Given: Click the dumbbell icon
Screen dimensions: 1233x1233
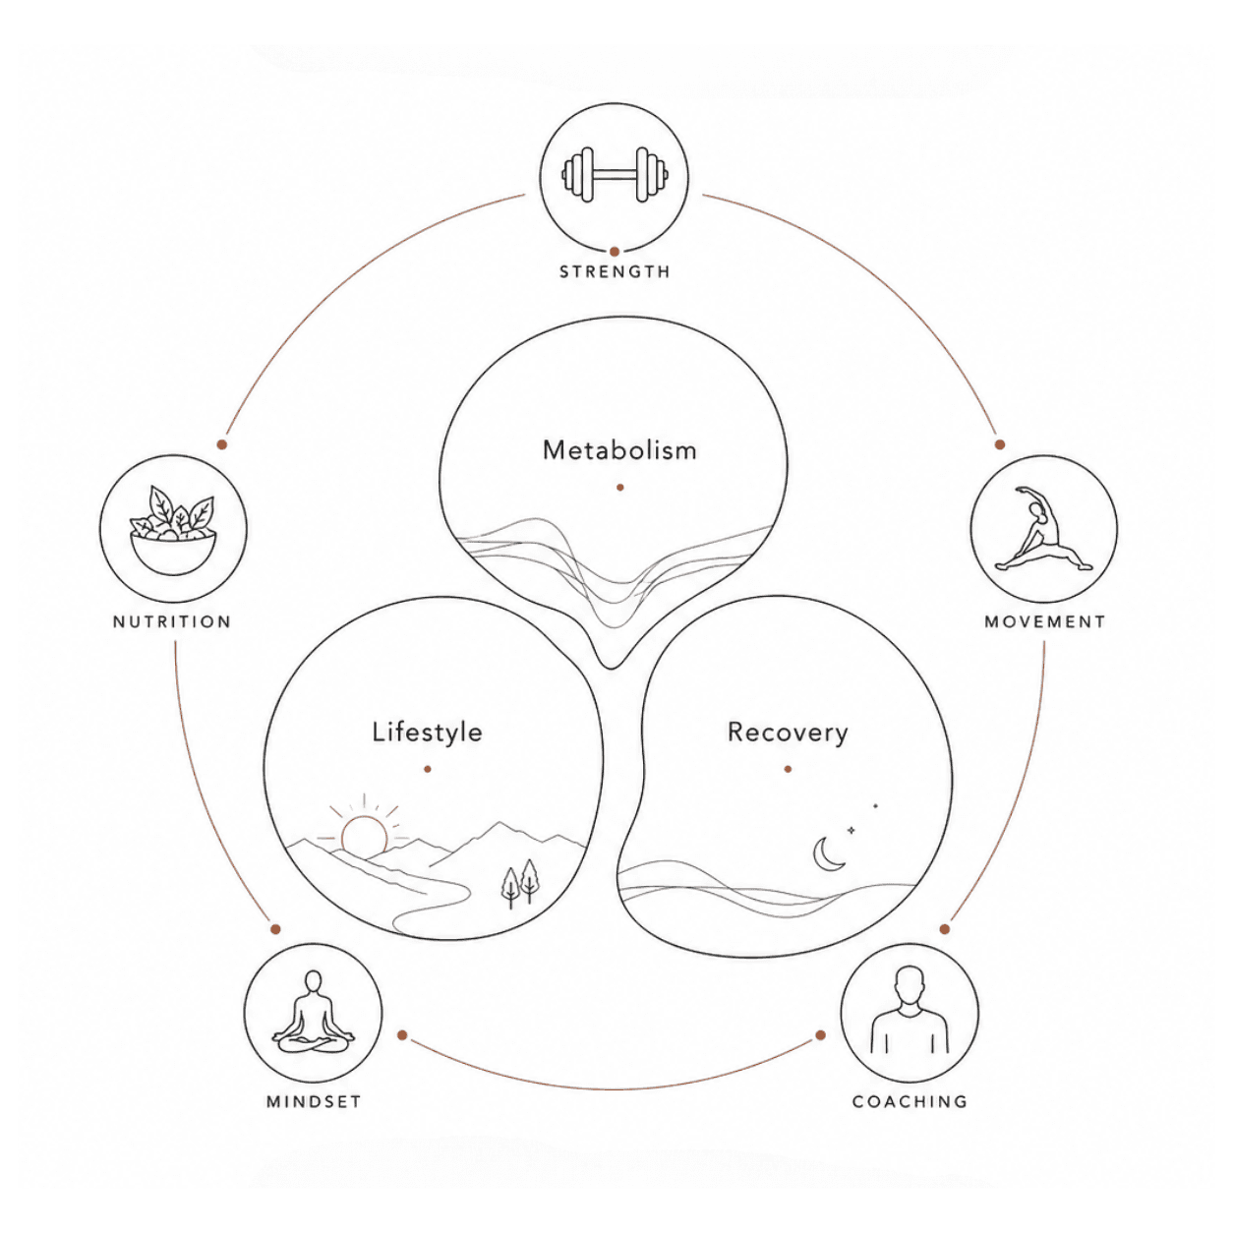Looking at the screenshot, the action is [x=615, y=175].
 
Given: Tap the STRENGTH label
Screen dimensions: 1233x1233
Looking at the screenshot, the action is [x=615, y=272].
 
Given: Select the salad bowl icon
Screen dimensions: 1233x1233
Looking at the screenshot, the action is [x=173, y=530].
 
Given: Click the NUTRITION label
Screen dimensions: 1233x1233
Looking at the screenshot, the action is [x=171, y=622].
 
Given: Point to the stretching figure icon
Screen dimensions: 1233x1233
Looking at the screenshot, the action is [x=1043, y=529].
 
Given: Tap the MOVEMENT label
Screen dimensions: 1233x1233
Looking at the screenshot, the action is [x=1045, y=622].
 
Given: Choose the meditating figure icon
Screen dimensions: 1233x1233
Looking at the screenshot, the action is [x=313, y=1012].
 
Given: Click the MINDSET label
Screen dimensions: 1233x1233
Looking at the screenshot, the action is [x=314, y=1102].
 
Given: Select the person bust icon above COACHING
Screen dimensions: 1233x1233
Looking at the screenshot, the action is [x=910, y=1010].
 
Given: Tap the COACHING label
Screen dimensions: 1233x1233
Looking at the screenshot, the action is [x=910, y=1102].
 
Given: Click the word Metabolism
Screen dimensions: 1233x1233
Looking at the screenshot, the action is [x=619, y=450].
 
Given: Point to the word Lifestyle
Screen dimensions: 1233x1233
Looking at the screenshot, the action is [x=427, y=733].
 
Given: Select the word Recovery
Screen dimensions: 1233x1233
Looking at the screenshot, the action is [x=788, y=733].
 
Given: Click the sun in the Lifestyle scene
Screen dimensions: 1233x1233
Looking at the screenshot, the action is [x=364, y=835].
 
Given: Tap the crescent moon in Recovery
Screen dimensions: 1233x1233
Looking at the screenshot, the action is [x=827, y=854].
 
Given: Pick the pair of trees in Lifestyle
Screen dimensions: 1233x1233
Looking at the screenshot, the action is [x=519, y=883].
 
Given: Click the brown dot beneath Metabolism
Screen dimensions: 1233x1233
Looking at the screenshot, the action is [x=620, y=488].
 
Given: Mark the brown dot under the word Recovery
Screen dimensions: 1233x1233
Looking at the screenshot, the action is [x=788, y=769].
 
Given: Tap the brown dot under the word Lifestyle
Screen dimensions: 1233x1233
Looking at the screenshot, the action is [x=428, y=769].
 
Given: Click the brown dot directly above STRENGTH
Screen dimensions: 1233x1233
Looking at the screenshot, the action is [x=615, y=252].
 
